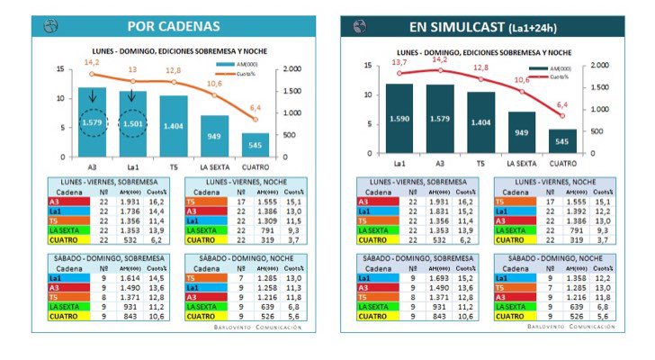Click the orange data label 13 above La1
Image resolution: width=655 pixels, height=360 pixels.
click(x=132, y=69)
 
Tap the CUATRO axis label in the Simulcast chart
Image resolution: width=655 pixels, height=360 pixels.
click(x=561, y=163)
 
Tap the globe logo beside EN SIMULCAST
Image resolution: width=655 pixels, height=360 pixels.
click(x=360, y=26)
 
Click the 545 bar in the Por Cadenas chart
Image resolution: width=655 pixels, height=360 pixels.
click(x=256, y=144)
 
